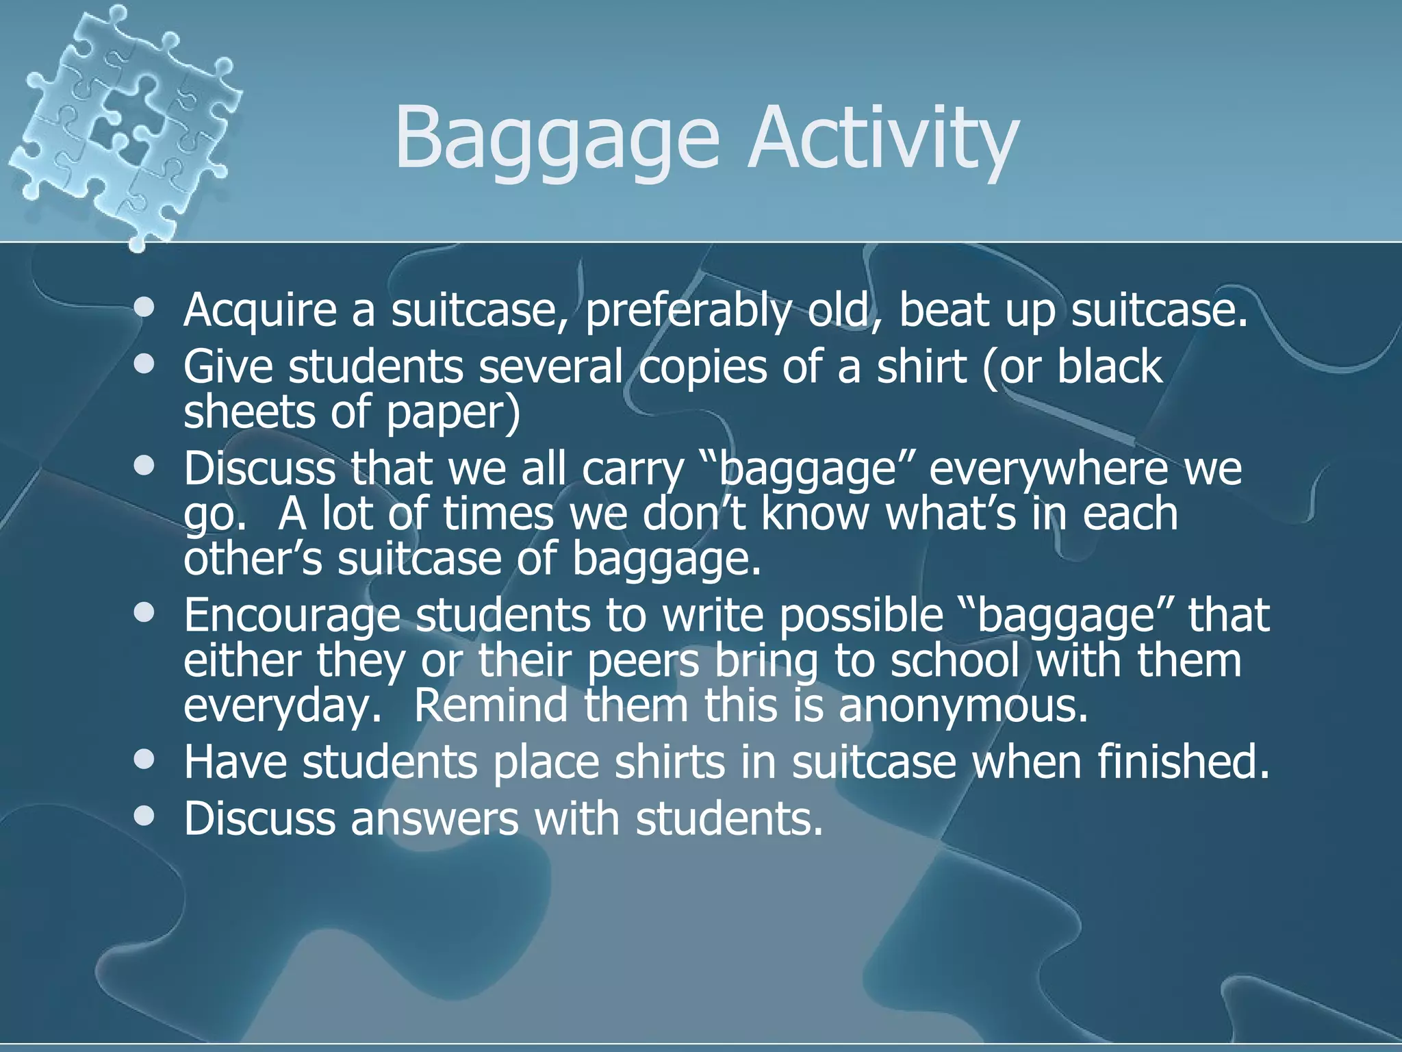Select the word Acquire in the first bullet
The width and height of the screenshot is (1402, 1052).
click(260, 310)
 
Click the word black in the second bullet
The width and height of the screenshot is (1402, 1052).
click(1110, 366)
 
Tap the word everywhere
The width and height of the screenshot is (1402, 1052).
click(1047, 468)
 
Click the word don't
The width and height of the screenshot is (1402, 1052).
click(692, 513)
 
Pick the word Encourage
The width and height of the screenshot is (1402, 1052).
click(292, 615)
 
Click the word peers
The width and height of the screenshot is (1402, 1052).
click(643, 660)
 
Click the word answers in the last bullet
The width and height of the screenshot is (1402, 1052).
click(435, 818)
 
